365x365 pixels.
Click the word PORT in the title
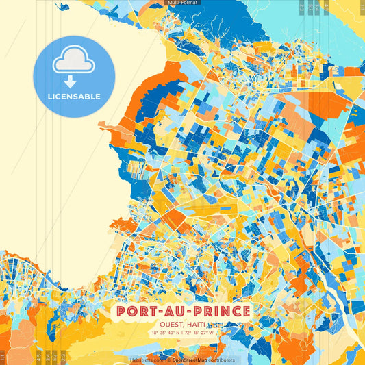(137, 312)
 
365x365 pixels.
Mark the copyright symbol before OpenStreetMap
(168, 360)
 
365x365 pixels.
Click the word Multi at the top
(174, 3)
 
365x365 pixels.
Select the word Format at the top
(190, 3)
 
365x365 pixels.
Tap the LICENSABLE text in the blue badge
(74, 97)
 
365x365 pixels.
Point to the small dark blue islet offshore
(64, 8)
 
